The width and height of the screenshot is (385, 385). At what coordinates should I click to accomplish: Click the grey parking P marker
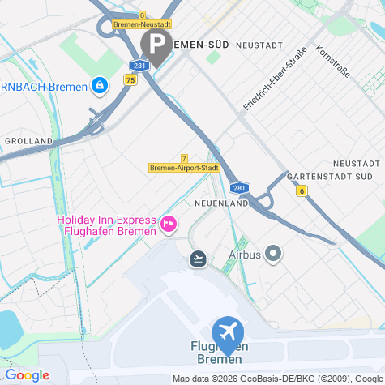pos(156,44)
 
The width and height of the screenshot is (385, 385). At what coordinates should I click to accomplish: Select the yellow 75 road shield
pos(130,79)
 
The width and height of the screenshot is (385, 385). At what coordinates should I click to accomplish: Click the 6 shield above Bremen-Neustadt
pos(142,15)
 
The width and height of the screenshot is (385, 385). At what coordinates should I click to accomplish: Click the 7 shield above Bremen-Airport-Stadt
pos(185,158)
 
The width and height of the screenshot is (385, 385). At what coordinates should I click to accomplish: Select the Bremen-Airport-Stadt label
pos(185,169)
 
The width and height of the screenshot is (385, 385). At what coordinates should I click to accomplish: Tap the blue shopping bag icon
pos(99,83)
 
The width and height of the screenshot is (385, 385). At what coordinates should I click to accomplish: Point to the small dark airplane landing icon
pos(197,259)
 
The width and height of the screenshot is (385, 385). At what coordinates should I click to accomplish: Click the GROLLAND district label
pos(28,140)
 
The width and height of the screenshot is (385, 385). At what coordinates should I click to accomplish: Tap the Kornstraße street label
pos(333,62)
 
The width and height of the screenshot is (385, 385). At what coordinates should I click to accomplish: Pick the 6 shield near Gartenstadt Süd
pos(302,191)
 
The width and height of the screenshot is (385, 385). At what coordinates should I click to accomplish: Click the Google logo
pos(26,375)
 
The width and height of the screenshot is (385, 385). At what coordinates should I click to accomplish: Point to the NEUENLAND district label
pos(220,203)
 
